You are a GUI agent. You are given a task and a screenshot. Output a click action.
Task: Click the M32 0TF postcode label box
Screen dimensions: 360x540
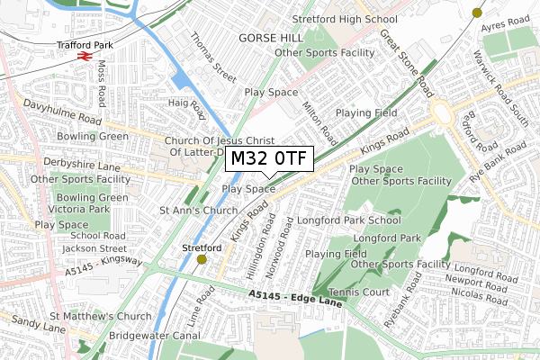tap(268, 159)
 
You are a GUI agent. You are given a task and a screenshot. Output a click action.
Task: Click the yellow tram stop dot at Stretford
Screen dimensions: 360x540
tap(201, 259)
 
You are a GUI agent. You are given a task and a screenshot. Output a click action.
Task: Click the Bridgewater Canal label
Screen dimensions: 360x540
tap(154, 334)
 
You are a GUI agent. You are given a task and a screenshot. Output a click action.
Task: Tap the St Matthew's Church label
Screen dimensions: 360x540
tap(101, 317)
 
